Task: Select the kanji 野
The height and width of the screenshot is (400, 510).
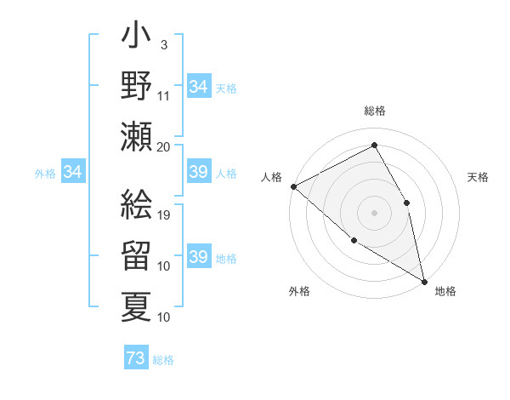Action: click(x=137, y=87)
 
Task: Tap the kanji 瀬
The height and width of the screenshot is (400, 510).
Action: click(x=137, y=136)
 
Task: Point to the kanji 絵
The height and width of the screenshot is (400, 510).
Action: click(x=137, y=204)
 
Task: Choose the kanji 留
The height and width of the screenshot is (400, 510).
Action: click(x=137, y=256)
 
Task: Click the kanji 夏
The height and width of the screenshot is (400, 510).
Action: click(x=137, y=305)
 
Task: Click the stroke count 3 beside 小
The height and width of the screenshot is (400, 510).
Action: click(x=163, y=44)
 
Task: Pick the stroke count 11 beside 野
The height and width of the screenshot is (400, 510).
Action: click(x=165, y=94)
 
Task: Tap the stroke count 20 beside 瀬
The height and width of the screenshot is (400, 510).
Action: click(x=165, y=146)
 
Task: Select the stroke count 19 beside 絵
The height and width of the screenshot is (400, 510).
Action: click(x=165, y=214)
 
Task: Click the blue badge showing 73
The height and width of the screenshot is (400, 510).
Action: click(x=136, y=358)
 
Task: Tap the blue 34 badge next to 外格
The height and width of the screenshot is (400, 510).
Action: click(x=73, y=173)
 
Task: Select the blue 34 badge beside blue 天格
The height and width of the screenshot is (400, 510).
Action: click(x=198, y=87)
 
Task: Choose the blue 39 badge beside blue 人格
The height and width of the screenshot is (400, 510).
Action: click(x=198, y=173)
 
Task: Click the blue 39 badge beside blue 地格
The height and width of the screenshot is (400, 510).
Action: click(x=198, y=257)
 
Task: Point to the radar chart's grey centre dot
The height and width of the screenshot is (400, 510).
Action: click(x=374, y=212)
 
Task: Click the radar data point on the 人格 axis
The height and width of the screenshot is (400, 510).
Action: click(x=293, y=186)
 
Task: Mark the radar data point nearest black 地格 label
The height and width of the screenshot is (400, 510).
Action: click(x=424, y=280)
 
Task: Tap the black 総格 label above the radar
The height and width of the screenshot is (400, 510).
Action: click(x=374, y=111)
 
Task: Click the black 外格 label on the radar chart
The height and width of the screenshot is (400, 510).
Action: click(x=299, y=291)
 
